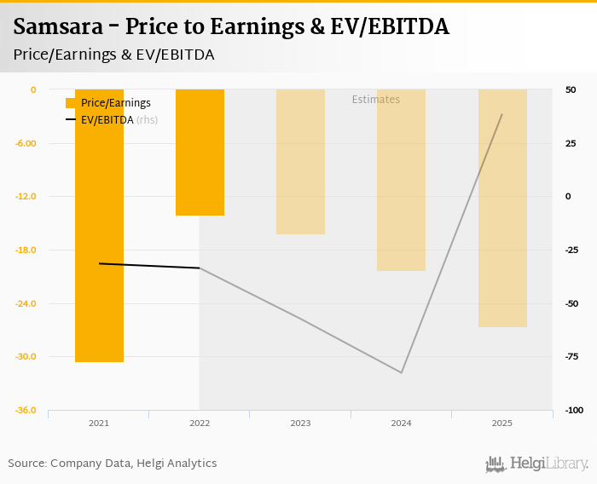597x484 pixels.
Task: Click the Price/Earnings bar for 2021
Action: tap(99, 226)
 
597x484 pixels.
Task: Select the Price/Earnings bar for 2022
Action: tap(200, 153)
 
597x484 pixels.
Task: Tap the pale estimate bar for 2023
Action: tap(300, 162)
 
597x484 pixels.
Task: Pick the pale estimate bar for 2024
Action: tap(401, 180)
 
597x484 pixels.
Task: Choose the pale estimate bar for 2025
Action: tap(502, 208)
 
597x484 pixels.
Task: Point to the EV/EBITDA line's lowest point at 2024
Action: tap(401, 372)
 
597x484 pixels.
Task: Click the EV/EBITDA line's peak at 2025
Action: tap(502, 114)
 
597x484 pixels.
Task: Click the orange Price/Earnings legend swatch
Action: tap(71, 103)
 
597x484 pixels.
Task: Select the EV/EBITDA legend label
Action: tap(107, 120)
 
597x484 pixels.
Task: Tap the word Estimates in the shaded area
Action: tap(376, 100)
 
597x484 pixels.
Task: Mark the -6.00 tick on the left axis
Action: tap(26, 143)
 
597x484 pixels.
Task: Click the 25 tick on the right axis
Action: tap(570, 143)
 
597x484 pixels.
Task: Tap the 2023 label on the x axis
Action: tap(300, 423)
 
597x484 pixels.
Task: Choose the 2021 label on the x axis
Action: tap(99, 423)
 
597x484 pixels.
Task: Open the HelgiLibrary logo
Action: tap(537, 464)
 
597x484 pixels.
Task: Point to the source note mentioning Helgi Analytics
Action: tap(113, 464)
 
